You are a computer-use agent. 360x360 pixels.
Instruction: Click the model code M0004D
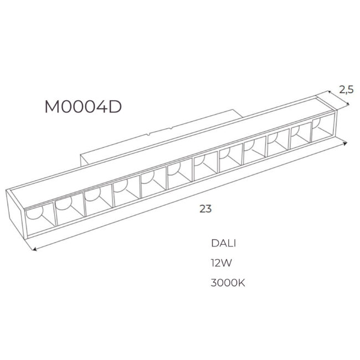point(83,107)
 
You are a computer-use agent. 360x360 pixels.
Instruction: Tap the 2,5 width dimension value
point(347,90)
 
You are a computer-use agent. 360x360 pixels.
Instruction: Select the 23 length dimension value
point(205,209)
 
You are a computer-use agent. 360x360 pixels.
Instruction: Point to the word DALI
point(223,243)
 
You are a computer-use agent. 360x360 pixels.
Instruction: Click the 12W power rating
point(222,263)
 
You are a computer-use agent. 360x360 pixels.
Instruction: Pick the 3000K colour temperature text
point(228,283)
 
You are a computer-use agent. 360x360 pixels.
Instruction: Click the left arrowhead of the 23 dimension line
point(34,249)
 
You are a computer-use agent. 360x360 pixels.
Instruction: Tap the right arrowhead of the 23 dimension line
point(345,143)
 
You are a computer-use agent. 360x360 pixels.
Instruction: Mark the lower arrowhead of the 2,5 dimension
point(348,104)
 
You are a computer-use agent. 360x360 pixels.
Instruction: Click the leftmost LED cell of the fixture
point(40,219)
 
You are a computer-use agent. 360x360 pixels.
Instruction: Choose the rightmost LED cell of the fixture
point(323,128)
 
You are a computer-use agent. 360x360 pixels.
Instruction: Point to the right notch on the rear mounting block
point(171,127)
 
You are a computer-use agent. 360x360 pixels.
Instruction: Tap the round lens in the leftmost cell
point(34,212)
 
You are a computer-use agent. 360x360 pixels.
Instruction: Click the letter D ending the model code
point(115,107)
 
